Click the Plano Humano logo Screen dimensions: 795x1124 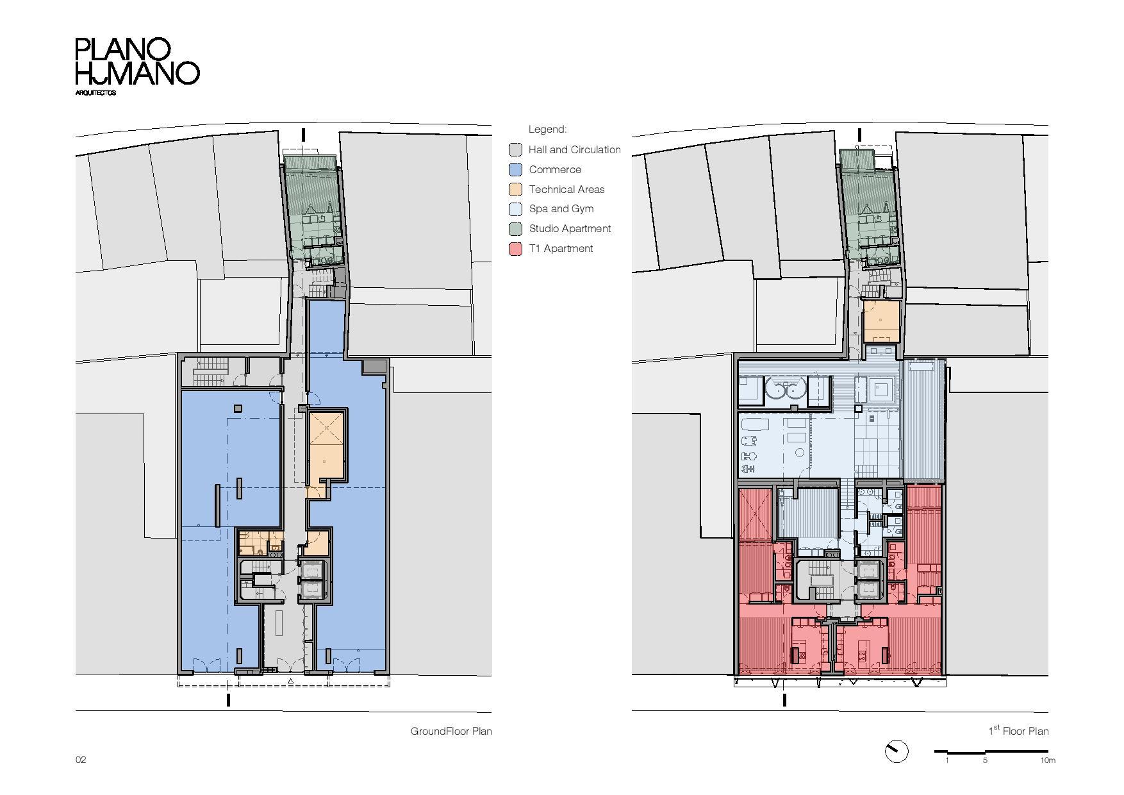tap(137, 62)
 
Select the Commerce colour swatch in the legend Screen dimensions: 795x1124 tap(516, 170)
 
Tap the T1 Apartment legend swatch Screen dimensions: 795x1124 tap(516, 249)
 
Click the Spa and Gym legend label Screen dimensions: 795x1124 tap(561, 209)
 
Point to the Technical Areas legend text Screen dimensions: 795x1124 tap(566, 189)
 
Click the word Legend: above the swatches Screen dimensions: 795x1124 tap(547, 130)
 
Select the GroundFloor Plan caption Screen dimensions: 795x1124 tap(450, 731)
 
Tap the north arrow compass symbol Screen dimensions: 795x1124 tap(896, 751)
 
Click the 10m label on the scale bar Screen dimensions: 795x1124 tap(1047, 760)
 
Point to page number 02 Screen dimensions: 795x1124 tap(81, 760)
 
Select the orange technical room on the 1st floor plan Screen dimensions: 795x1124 tap(880, 321)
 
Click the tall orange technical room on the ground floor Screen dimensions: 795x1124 tap(327, 446)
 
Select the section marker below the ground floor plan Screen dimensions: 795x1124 tap(228, 700)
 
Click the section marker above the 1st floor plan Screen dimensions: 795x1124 tap(859, 135)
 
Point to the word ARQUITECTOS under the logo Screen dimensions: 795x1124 tap(95, 93)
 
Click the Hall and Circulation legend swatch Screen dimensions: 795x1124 tap(516, 150)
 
